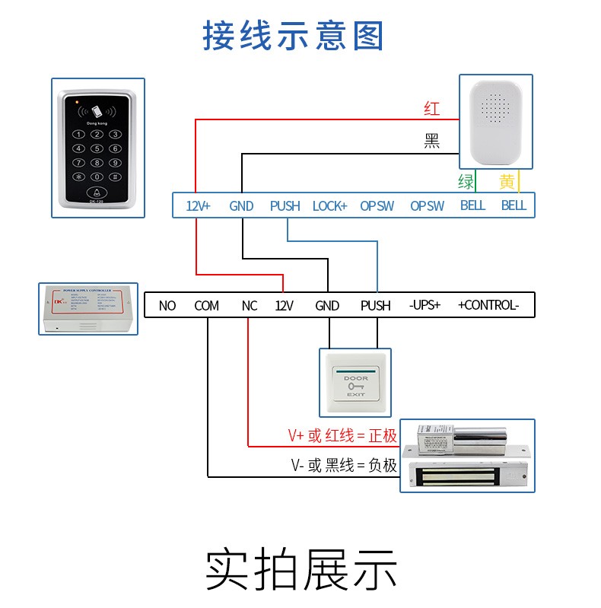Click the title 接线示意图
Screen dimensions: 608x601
pos(294,36)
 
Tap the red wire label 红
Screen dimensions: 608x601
pos(432,109)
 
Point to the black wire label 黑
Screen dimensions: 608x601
pos(432,141)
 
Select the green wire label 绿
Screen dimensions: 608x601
pos(466,182)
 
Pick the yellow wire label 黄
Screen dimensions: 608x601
pos(507,182)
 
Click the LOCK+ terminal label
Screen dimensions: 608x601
pos(329,205)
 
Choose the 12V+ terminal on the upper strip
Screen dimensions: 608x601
pos(199,205)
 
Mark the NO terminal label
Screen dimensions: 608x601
pos(167,306)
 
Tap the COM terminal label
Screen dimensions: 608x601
pos(206,306)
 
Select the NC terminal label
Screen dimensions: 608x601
pos(250,306)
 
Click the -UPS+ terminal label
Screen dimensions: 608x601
pos(425,306)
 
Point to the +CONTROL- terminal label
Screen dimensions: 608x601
pos(488,306)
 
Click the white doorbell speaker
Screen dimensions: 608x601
pos(495,122)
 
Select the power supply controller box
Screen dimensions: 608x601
pos(88,307)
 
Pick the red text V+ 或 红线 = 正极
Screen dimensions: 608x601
pos(342,436)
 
